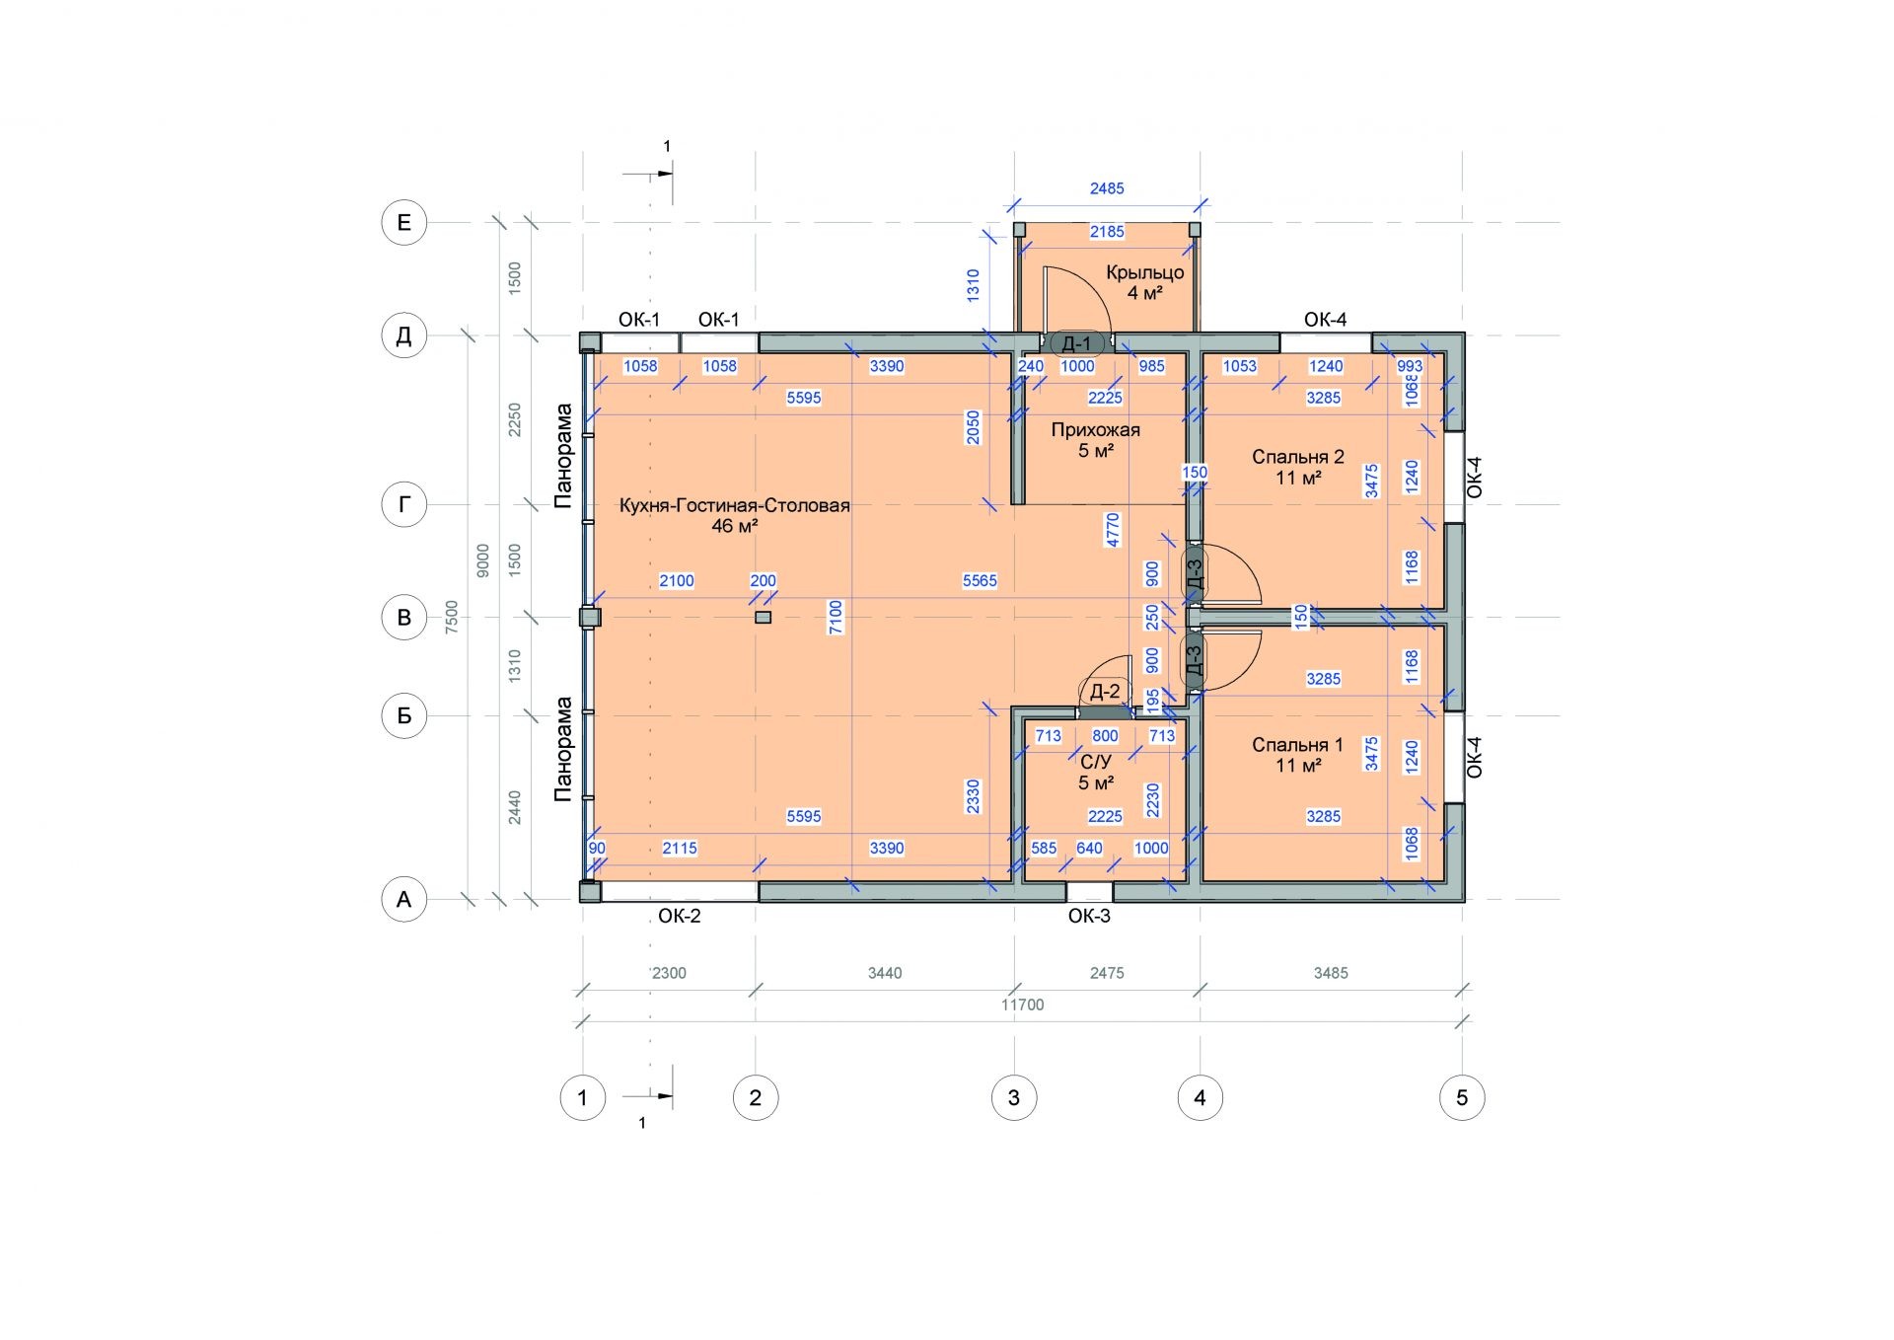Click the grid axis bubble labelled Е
(403, 223)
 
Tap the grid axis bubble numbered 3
(1013, 1097)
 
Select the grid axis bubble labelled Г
(403, 505)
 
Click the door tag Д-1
(1076, 343)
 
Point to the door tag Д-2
(1104, 692)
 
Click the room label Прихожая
(1095, 429)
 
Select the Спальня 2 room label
(1298, 457)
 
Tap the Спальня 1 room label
(1298, 745)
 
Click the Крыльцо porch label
(1145, 273)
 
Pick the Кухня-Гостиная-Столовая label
(735, 505)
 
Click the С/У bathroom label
(1096, 762)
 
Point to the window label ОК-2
(680, 916)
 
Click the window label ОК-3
(1089, 916)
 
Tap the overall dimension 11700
(1022, 1005)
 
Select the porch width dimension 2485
(1107, 188)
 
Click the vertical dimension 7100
(837, 617)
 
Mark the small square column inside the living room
(763, 617)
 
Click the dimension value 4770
(1113, 530)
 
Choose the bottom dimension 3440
(885, 973)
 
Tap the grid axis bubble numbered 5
(1462, 1097)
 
